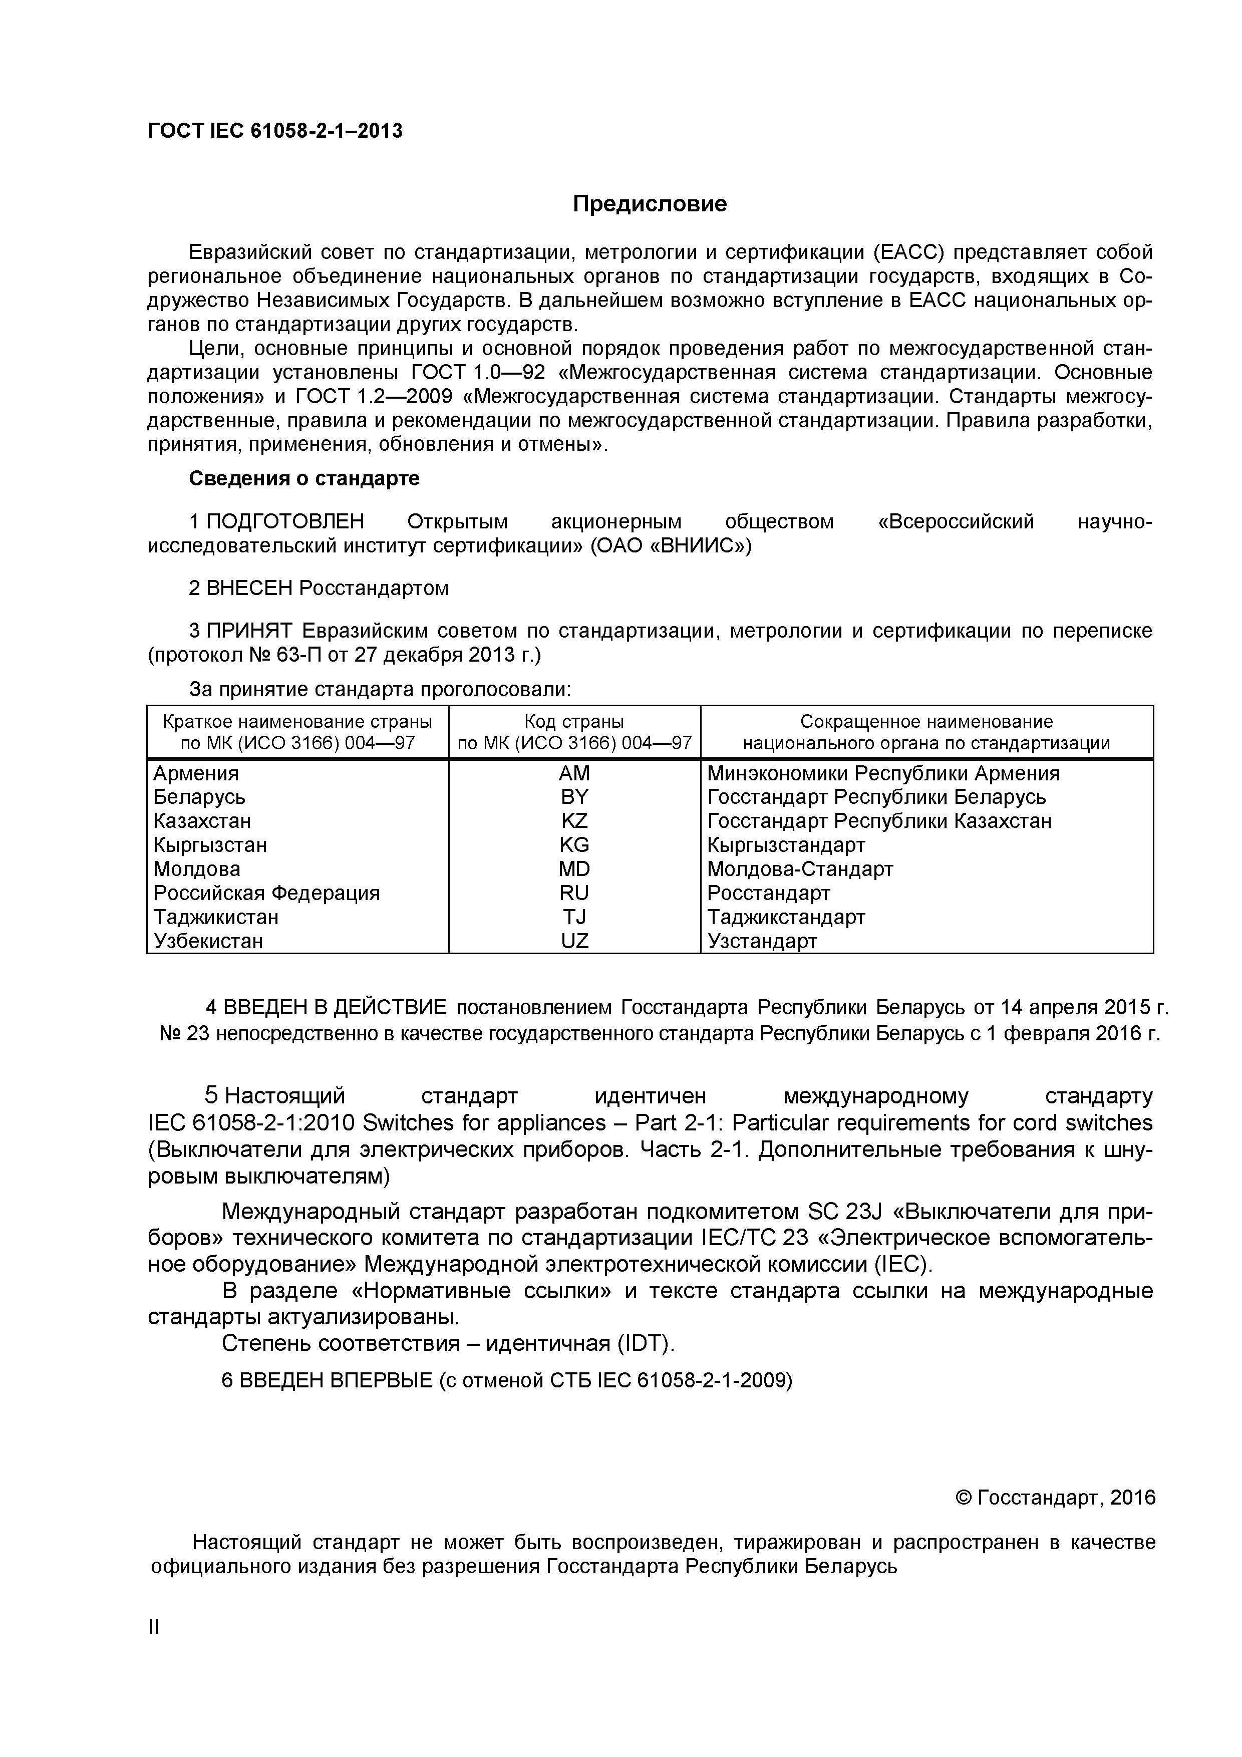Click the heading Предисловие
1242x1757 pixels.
click(x=650, y=204)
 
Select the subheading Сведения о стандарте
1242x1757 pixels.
click(x=304, y=479)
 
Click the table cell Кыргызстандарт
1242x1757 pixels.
click(x=786, y=845)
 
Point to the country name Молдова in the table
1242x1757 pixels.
click(x=197, y=869)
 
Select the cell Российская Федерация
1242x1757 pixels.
click(x=266, y=893)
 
